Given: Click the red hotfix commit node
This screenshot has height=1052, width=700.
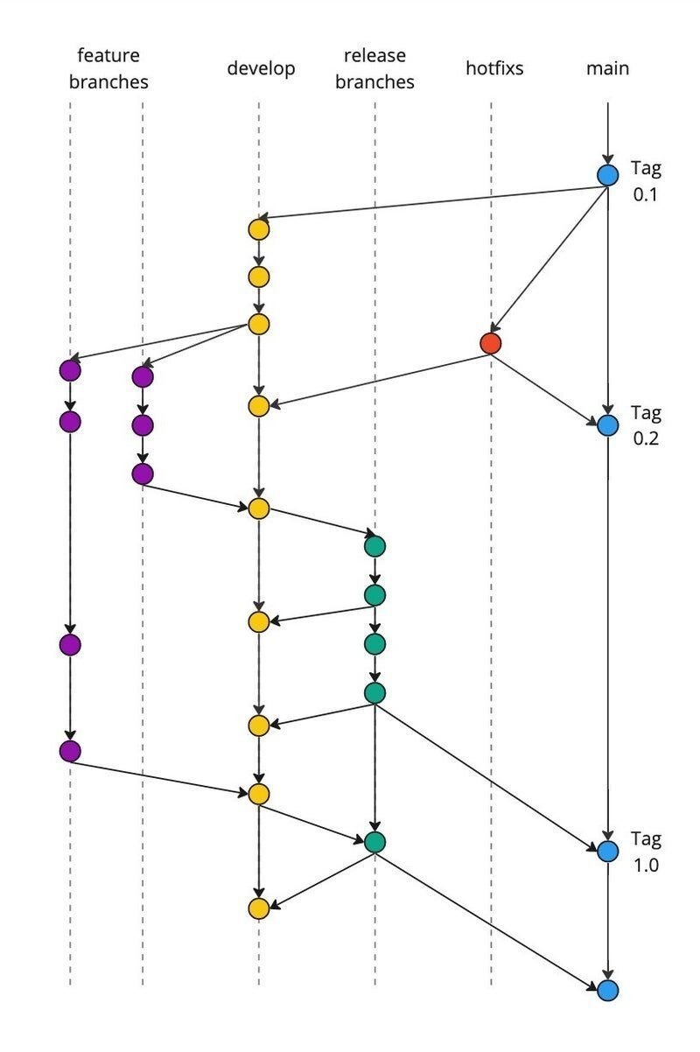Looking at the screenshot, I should coord(491,343).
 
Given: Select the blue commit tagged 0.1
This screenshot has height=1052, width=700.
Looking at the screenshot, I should coord(607,175).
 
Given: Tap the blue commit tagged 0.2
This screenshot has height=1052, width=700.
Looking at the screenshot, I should coord(607,426).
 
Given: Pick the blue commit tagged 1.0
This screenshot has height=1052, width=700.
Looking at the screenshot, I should coord(607,851).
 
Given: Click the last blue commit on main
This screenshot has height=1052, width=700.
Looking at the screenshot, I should coord(607,991).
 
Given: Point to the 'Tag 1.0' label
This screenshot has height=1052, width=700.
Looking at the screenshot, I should coord(647,852).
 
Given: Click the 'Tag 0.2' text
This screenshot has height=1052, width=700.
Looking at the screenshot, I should coord(647,425).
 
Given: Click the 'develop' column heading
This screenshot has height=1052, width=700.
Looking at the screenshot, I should coord(261,68).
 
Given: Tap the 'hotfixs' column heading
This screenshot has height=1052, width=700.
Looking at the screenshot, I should coord(494,68).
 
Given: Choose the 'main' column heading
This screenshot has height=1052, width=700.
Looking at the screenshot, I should coord(607,68).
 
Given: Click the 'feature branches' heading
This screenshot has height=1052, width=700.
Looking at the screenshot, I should coord(108,69).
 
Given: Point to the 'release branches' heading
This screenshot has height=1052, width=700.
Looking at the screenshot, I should coord(374,69).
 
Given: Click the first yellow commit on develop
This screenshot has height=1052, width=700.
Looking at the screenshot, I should coord(258,229).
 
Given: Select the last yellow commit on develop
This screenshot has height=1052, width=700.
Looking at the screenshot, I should coord(258,908).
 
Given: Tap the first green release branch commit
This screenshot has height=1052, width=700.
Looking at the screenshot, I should coord(374,546).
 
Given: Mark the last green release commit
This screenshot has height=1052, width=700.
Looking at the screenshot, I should coord(374,842).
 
